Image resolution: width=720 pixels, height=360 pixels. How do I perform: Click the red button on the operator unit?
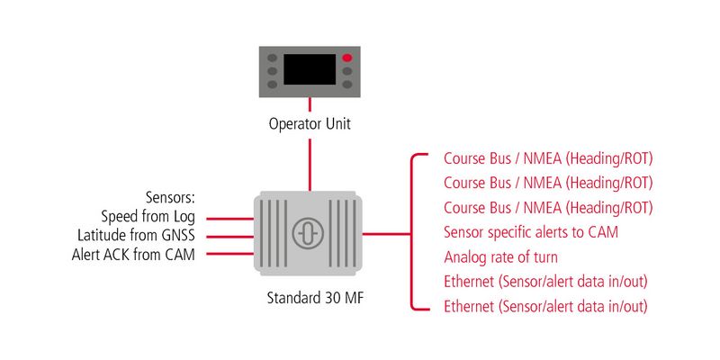[347, 58]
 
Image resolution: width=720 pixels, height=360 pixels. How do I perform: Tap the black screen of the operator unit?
[310, 69]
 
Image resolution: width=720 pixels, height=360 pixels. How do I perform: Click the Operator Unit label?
[310, 124]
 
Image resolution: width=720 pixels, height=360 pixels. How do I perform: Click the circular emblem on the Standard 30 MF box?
[308, 233]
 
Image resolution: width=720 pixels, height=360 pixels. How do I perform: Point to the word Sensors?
[171, 198]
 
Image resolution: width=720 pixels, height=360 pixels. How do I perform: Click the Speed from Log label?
[148, 217]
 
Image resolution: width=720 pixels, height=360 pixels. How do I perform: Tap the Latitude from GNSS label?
[137, 236]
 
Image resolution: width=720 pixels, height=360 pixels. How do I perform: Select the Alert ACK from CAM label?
[133, 255]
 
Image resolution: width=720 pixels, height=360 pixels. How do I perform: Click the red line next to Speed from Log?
[229, 219]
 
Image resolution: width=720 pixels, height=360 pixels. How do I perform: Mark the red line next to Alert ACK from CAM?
[229, 254]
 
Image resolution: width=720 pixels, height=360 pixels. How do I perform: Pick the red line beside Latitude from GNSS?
[229, 237]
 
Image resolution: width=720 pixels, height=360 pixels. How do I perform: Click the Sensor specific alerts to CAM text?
[531, 232]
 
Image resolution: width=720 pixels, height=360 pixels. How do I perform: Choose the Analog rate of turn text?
[500, 257]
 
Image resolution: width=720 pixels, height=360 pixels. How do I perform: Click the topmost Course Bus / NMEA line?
[548, 159]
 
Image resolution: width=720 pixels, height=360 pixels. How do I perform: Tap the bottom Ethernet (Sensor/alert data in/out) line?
[545, 306]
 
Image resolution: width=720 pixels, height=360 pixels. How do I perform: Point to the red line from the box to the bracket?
[387, 234]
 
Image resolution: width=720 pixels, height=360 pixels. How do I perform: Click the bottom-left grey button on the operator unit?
[273, 85]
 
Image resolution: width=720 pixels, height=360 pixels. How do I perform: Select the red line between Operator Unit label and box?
[310, 165]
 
